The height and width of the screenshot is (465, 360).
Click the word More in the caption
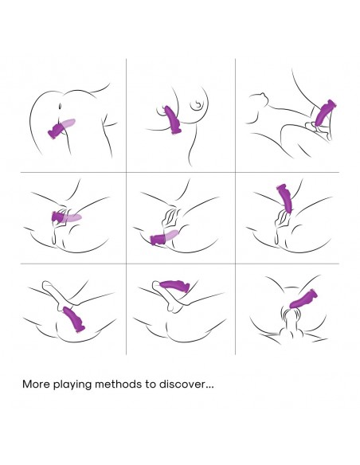click(36, 384)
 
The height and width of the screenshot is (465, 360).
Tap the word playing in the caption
click(72, 385)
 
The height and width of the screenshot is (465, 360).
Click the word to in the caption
click(151, 385)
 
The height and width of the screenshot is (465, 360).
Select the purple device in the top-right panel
click(325, 113)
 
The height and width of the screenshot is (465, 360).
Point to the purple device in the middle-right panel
click(285, 198)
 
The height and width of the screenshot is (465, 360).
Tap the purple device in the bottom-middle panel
click(174, 285)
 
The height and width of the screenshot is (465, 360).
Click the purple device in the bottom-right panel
click(303, 299)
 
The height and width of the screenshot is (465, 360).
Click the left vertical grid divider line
click(127, 206)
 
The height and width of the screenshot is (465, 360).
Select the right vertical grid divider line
click(236, 206)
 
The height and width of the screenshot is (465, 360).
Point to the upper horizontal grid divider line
click(180, 172)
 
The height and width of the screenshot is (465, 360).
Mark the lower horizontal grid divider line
click(180, 264)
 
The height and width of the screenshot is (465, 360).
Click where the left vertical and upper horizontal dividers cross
click(127, 172)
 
